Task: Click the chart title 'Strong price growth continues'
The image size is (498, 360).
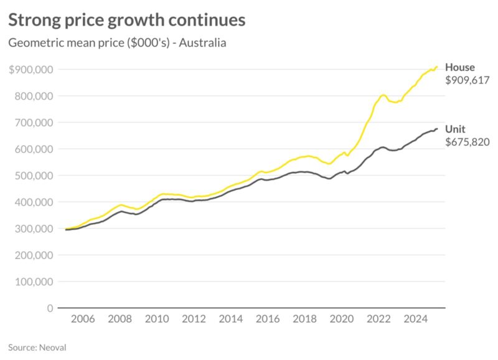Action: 126,20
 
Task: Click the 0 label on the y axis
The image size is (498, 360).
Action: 49,308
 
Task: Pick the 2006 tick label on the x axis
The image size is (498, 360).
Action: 83,319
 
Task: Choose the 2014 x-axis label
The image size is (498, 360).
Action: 231,319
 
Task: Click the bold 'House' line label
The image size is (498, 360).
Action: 459,67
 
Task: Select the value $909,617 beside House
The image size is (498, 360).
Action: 467,80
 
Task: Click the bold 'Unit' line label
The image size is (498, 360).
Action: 455,129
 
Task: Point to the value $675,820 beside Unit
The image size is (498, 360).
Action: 467,142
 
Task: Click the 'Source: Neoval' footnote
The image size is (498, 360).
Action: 37,347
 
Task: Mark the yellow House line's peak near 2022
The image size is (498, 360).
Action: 383,95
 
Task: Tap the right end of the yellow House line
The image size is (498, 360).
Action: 437,67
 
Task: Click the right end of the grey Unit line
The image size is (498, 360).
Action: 437,129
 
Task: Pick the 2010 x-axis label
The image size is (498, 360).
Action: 157,319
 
